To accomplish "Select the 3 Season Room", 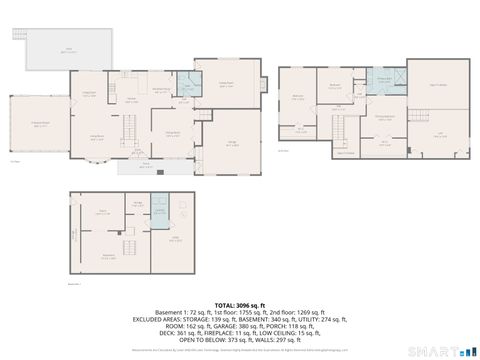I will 39,125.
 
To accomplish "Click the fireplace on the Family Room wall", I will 262,84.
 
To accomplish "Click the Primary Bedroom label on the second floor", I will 384,119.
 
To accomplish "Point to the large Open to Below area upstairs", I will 438,85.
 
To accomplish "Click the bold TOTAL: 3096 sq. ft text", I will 239,304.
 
